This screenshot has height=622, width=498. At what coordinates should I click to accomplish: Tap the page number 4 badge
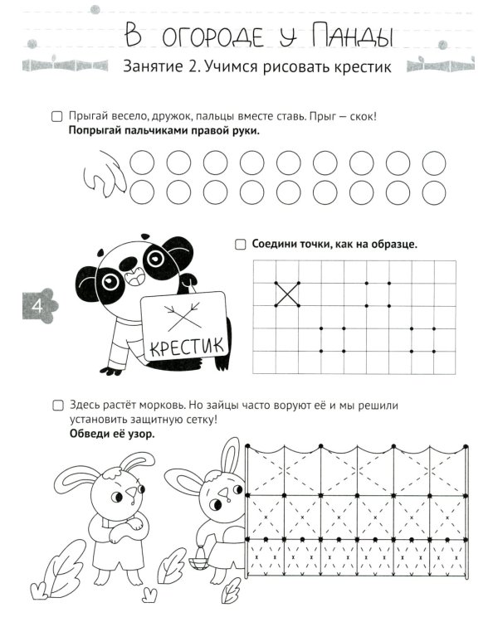coord(36,307)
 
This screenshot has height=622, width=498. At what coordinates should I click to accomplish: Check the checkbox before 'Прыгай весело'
coord(56,117)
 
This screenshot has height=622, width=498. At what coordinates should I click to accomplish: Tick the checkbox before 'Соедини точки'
coord(240,245)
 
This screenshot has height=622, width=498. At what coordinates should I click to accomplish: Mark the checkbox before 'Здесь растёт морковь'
coord(56,406)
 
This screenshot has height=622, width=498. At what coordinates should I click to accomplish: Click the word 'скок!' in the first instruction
coord(359,117)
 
